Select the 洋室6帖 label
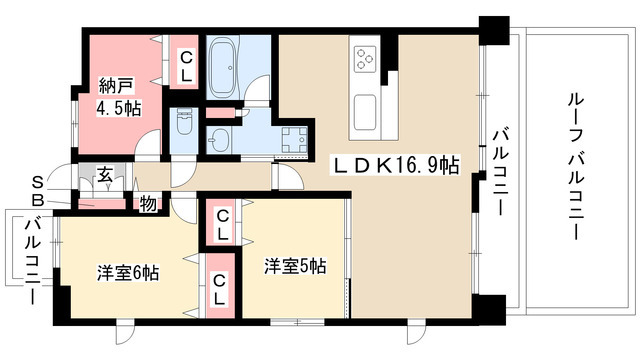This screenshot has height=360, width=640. pos(129,271)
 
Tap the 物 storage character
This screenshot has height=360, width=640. pos(148,204)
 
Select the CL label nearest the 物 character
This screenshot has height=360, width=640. pos(220,222)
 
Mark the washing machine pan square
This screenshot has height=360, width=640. pos(296,141)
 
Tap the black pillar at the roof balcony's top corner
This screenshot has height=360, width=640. pos(493,29)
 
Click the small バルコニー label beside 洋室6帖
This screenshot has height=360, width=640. pos(31,253)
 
